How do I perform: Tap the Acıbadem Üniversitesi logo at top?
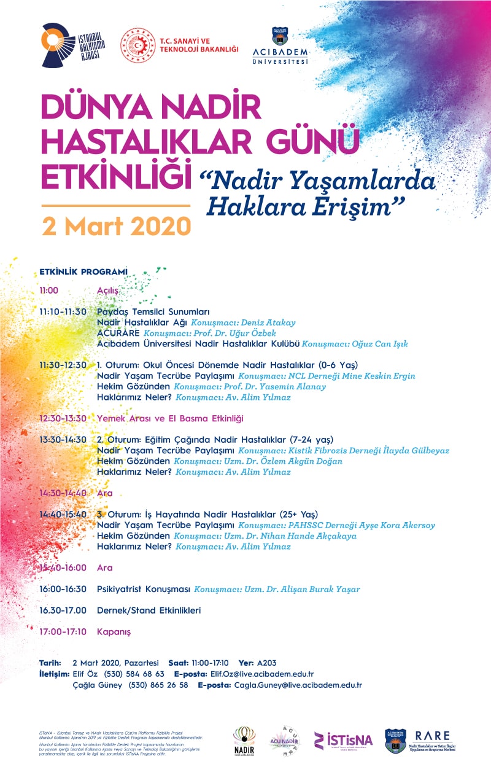[280, 45]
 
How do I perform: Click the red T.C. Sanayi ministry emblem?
[137, 45]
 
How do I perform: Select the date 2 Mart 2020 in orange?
[116, 227]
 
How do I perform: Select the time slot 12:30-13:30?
[63, 418]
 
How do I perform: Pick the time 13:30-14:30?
[63, 440]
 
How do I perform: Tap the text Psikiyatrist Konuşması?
[144, 589]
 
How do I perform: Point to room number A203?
[266, 663]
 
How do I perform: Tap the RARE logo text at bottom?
[432, 736]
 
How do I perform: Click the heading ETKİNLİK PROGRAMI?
[83, 271]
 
